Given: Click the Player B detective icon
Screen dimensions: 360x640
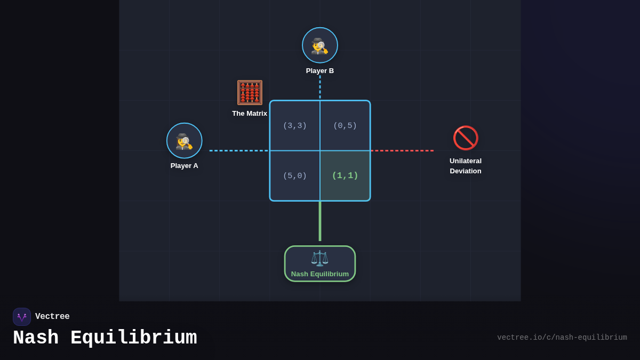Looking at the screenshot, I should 320,45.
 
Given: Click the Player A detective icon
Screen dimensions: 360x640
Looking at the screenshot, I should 185,141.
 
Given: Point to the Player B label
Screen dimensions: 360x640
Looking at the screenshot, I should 320,70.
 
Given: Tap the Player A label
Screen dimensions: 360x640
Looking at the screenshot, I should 185,165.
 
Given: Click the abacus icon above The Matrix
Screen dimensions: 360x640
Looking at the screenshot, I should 250,92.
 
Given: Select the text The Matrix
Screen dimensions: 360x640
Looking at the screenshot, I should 250,113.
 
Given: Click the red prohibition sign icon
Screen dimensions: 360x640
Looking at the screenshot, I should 466,138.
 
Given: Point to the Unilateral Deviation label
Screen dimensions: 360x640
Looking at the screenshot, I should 466,166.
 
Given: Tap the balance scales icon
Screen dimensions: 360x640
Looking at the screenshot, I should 320,258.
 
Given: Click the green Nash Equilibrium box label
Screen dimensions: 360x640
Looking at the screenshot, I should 320,274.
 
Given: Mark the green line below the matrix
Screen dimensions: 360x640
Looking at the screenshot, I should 320,221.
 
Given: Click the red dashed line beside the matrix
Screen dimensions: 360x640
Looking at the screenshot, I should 402,150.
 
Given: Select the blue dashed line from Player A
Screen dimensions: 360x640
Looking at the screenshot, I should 239,150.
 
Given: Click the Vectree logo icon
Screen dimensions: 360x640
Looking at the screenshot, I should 22,317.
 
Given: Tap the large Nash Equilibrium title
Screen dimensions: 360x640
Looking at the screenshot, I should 105,338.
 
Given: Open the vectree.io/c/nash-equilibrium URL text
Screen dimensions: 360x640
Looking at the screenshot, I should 562,338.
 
